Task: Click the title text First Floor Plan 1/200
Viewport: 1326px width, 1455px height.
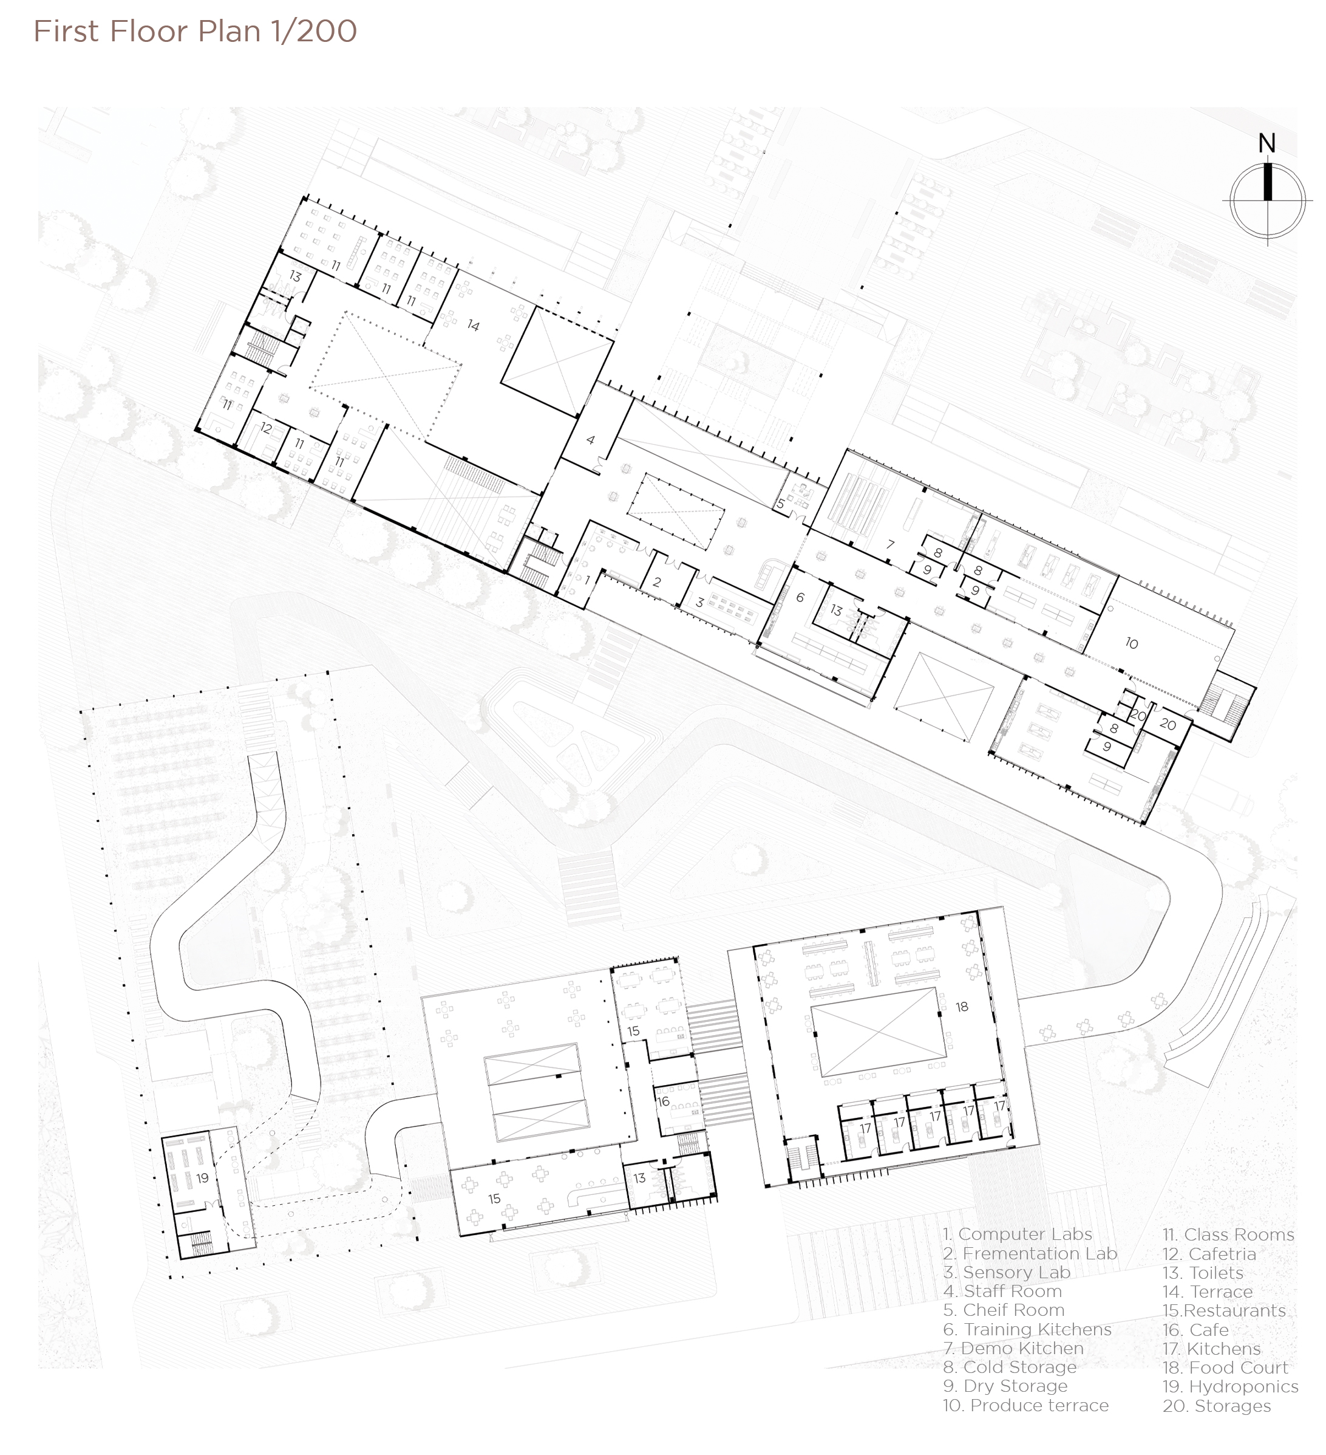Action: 195,32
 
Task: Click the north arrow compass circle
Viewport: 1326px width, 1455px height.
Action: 1267,200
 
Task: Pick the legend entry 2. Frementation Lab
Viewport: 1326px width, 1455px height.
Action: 1030,1254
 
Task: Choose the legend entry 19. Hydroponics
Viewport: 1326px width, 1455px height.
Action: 1229,1386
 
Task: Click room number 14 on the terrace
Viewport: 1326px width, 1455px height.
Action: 472,326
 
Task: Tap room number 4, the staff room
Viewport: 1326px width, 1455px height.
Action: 590,439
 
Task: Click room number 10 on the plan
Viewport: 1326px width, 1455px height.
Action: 1131,643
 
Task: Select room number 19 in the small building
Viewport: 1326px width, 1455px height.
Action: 202,1178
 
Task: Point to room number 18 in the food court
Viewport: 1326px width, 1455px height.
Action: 962,1007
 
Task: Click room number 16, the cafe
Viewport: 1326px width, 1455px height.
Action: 663,1101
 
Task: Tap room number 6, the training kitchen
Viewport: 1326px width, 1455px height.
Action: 800,598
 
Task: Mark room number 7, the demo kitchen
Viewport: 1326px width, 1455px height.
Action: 890,544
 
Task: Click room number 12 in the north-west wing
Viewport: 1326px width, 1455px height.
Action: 265,428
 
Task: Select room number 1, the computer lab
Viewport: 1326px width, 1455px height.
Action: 587,580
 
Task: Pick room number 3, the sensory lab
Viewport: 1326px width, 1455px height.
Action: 699,603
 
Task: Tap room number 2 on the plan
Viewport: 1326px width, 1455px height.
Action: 656,582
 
